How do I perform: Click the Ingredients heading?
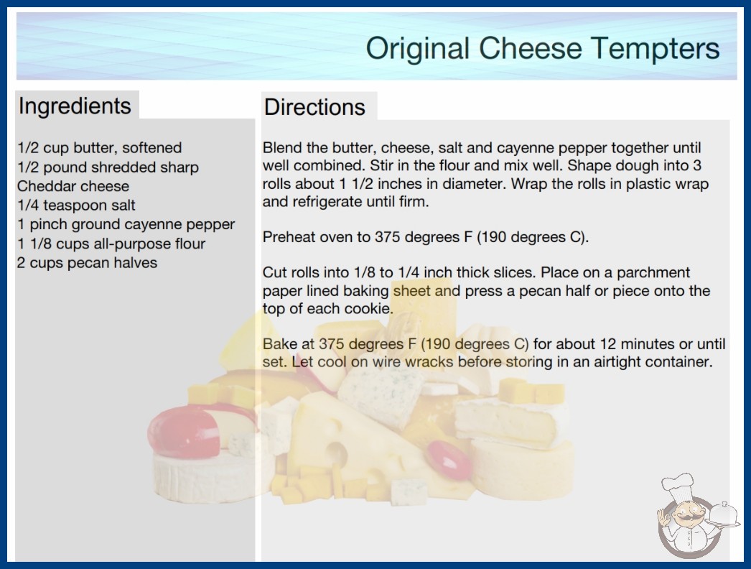tap(75, 106)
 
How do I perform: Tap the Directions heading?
tap(314, 107)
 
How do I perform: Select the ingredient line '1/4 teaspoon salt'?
tap(76, 205)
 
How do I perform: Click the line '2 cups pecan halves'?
tap(87, 263)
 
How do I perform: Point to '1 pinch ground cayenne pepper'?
tap(126, 224)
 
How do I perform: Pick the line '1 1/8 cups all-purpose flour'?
tap(111, 244)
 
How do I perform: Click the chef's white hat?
tap(678, 486)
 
